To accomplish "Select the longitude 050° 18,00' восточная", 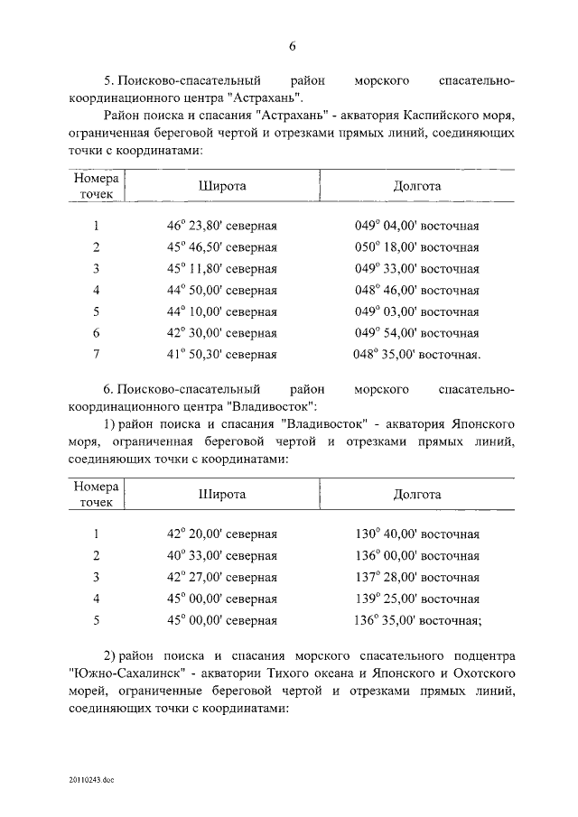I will [x=416, y=247].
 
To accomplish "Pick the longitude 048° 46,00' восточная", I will [x=416, y=291].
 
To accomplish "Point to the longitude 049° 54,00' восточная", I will [x=416, y=333].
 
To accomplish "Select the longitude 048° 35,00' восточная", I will [x=416, y=355].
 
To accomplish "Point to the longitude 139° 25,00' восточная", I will [x=416, y=599].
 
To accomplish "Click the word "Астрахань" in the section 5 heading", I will [x=269, y=97].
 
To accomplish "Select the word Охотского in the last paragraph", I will [x=480, y=674].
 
